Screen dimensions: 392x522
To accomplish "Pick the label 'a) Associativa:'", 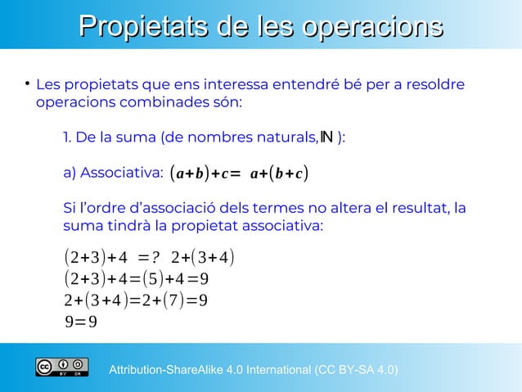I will pos(113,173).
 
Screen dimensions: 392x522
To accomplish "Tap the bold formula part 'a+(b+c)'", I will pos(280,173).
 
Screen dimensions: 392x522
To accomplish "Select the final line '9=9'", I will pos(80,320).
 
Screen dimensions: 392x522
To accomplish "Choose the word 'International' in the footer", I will pos(272,371).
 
